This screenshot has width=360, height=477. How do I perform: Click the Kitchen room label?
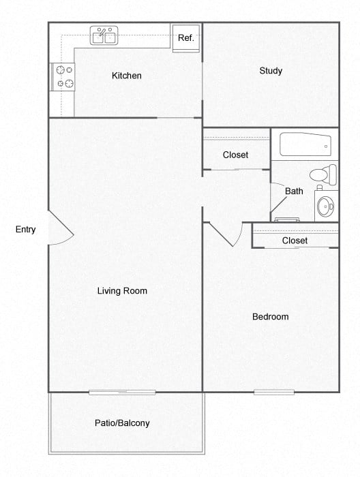pyautogui.click(x=127, y=76)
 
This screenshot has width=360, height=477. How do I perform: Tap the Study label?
pyautogui.click(x=271, y=71)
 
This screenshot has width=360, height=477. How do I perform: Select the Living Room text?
pyautogui.click(x=122, y=291)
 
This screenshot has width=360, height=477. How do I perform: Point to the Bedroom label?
pyautogui.click(x=270, y=316)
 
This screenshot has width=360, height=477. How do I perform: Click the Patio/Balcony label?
pyautogui.click(x=122, y=423)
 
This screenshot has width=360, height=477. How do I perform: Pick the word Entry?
pyautogui.click(x=26, y=230)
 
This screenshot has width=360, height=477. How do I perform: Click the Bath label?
pyautogui.click(x=294, y=191)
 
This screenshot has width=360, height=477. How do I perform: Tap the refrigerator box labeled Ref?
pyautogui.click(x=185, y=37)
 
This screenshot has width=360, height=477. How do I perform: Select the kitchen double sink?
pyautogui.click(x=104, y=35)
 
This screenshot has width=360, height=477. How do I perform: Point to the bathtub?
pyautogui.click(x=305, y=144)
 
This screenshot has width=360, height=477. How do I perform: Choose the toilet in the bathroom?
pyautogui.click(x=323, y=174)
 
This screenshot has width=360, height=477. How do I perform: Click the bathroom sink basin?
pyautogui.click(x=326, y=205)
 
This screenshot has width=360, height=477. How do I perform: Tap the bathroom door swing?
pyautogui.click(x=278, y=200)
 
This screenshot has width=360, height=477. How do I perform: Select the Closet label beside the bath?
pyautogui.click(x=236, y=155)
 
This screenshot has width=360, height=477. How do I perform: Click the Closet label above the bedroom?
pyautogui.click(x=295, y=241)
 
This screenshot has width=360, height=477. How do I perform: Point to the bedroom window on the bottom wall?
pyautogui.click(x=274, y=392)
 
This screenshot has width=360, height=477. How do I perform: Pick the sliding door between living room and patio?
pyautogui.click(x=122, y=392)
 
